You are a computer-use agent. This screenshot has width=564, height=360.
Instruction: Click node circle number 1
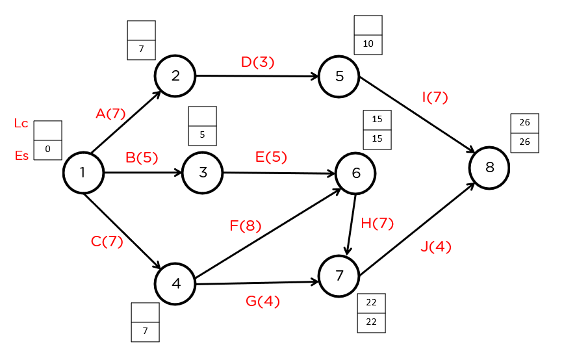(83, 173)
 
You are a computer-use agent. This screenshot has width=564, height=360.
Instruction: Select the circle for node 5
(339, 76)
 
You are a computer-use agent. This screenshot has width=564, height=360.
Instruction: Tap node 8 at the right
(489, 168)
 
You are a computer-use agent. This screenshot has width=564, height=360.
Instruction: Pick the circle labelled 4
(175, 284)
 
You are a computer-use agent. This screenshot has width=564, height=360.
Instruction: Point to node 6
(355, 173)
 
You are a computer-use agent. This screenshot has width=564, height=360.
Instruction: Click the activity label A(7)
(110, 114)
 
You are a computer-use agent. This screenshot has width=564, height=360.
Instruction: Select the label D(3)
(257, 62)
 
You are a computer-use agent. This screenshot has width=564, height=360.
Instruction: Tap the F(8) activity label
(245, 226)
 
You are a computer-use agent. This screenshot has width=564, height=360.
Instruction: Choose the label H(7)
(377, 223)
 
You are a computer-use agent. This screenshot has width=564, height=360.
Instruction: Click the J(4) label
(435, 247)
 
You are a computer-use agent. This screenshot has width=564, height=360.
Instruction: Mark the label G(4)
(263, 302)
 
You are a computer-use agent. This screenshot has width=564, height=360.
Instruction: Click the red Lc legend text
(21, 123)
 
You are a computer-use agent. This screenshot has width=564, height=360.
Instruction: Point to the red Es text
(21, 155)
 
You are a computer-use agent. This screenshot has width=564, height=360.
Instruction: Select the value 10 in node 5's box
(368, 45)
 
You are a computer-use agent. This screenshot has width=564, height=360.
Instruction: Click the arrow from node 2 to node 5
(257, 76)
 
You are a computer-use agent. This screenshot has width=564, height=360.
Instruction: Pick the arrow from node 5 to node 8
(416, 115)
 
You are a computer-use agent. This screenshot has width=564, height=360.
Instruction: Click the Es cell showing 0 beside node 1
(47, 149)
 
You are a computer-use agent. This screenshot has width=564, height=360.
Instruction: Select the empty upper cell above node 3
(202, 116)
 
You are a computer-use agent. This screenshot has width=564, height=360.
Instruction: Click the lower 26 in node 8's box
(524, 142)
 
